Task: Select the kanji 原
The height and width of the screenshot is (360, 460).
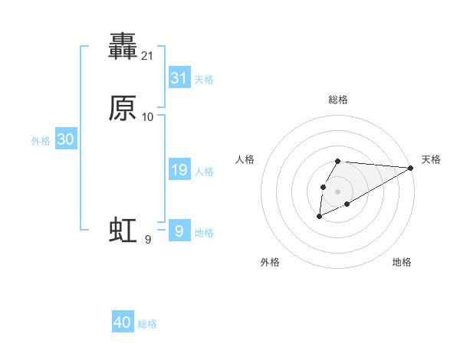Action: point(123,108)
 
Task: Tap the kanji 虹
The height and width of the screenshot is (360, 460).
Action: point(123,230)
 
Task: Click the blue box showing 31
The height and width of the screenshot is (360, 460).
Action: point(179,77)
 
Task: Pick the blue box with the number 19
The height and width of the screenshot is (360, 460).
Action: point(179,170)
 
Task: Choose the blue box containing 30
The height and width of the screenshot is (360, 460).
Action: point(66,139)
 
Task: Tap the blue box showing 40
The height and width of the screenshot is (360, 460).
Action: point(122,322)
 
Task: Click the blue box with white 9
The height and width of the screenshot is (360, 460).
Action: point(179,231)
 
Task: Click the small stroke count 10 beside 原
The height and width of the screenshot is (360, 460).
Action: point(148,117)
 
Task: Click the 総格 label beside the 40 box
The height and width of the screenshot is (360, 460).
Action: point(147,324)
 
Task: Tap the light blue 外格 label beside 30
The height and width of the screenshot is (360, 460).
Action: point(41,141)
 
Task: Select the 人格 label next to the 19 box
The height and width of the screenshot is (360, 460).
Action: point(204,172)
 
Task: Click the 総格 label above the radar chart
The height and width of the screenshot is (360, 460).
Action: point(337,100)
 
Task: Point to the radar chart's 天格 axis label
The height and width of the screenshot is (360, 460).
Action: point(431,159)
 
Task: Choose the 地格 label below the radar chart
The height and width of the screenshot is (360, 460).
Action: point(402,262)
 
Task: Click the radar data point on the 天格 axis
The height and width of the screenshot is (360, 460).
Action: point(411,168)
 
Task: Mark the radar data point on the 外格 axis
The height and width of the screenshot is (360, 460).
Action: point(319,217)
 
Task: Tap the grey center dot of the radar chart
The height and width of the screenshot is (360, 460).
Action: point(337,191)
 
